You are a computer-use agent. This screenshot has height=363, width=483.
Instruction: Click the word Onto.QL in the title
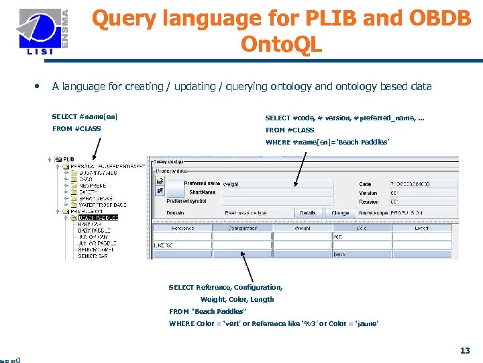[281, 45]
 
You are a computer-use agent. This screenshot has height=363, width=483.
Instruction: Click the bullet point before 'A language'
[38, 86]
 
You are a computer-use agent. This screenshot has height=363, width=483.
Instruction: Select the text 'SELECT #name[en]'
[85, 117]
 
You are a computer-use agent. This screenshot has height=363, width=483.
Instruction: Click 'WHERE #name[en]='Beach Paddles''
[327, 142]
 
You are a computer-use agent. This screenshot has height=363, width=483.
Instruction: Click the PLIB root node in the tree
[68, 159]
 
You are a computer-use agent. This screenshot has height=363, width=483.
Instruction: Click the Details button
[308, 212]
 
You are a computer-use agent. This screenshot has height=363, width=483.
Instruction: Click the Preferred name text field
[277, 184]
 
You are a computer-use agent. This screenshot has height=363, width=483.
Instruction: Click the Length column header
[421, 228]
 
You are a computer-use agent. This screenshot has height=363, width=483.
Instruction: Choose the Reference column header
[182, 228]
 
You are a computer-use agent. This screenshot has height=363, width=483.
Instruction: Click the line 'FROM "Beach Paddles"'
[207, 311]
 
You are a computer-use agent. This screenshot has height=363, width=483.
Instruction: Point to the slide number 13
[465, 350]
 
